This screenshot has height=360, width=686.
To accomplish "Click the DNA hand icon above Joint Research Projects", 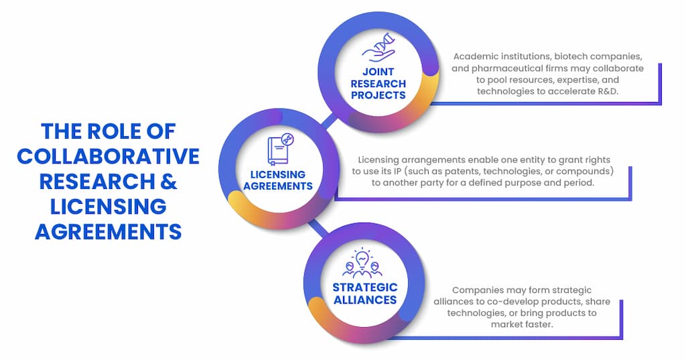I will click(x=378, y=50).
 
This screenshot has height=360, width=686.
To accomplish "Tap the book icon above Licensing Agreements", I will click(x=281, y=151).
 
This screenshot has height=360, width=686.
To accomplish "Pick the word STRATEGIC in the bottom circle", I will click(x=365, y=287).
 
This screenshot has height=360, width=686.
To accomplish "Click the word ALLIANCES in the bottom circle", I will click(x=365, y=299).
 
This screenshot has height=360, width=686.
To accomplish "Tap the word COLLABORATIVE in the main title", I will click(x=109, y=156).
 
